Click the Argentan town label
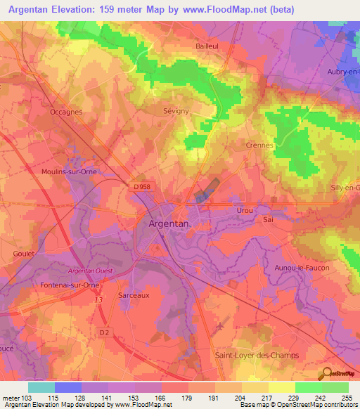[x=169, y=223]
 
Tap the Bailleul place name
[x=210, y=46]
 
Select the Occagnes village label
[x=67, y=111]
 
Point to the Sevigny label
[x=196, y=111]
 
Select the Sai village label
[x=268, y=219]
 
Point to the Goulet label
[x=24, y=254]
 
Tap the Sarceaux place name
[x=134, y=296]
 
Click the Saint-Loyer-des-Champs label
[x=257, y=355]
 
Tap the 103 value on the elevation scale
[x=28, y=398]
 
